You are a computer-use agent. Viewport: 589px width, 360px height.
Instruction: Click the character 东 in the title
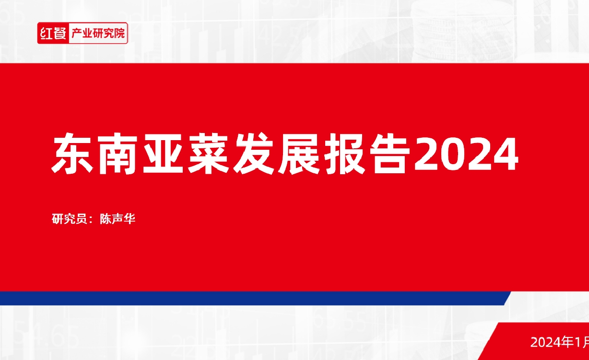click(72, 153)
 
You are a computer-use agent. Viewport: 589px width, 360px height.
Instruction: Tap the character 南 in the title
click(118, 154)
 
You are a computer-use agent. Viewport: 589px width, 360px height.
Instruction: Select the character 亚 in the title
click(163, 154)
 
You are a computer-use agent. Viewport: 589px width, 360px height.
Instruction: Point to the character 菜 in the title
click(208, 153)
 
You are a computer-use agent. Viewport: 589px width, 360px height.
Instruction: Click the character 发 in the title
click(253, 153)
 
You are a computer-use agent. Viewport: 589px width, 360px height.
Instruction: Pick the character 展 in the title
click(299, 154)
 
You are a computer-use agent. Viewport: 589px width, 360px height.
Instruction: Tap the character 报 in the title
click(344, 154)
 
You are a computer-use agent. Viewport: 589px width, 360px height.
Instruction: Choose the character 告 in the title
click(389, 153)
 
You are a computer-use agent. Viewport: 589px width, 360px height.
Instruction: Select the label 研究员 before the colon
click(69, 219)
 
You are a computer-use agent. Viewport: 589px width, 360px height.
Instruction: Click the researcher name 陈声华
click(118, 219)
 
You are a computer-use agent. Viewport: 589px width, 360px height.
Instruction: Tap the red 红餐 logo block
click(53, 33)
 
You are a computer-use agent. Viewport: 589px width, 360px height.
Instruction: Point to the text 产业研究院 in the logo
click(98, 34)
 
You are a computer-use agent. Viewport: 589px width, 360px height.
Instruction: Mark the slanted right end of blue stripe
click(507, 299)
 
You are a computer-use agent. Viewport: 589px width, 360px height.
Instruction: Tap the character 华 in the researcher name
click(130, 219)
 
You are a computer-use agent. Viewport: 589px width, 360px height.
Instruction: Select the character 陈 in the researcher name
click(106, 219)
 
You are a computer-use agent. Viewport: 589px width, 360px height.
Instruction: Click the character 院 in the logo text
click(119, 34)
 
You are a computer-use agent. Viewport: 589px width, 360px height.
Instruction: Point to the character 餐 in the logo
click(59, 33)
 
